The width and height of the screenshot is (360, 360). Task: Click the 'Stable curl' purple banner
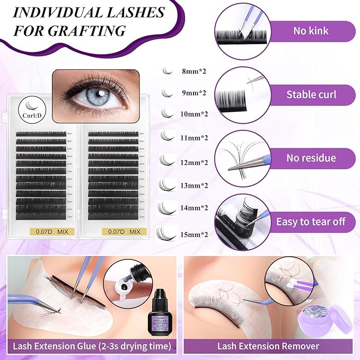[x=311, y=95]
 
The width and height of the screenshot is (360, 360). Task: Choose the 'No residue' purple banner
[x=311, y=158]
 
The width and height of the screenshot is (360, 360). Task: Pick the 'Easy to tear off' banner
[x=310, y=221]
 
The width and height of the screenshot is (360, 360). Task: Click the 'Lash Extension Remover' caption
[x=268, y=346]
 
